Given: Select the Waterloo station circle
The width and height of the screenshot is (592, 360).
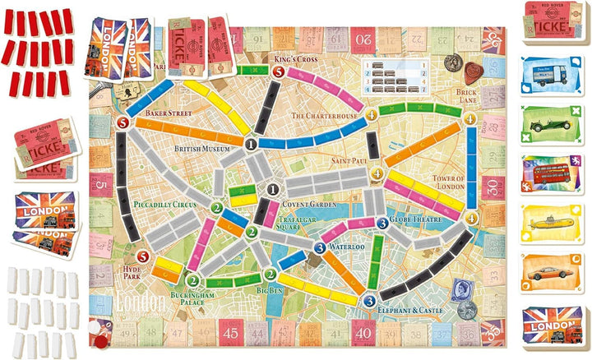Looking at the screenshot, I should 320,249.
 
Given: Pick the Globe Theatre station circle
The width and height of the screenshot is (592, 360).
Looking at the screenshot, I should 382,223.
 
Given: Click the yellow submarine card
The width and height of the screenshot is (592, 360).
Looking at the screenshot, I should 551,222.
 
